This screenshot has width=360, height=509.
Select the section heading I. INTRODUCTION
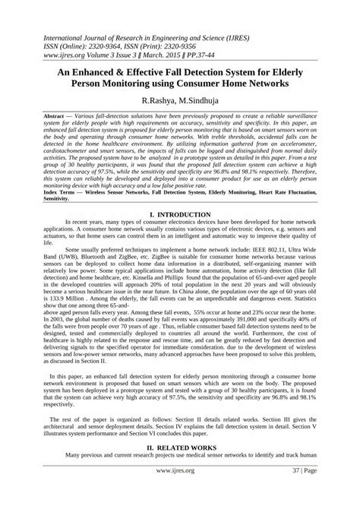pyautogui.click(x=180, y=217)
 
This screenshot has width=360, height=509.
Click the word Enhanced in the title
pyautogui.click(x=107, y=66)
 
